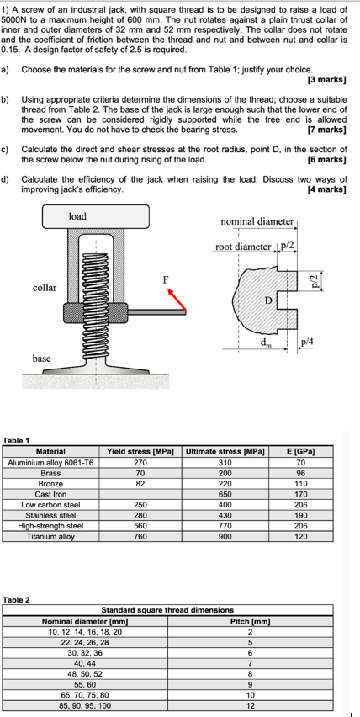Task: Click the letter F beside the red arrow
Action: pos(166,279)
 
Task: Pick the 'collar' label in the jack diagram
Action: pos(45,288)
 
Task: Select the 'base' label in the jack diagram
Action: pos(41,358)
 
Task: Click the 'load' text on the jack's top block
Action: pos(77,216)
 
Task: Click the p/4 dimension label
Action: pos(309,342)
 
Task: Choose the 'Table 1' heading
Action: pos(16,440)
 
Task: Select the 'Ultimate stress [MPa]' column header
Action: pos(222,452)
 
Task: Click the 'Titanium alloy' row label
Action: pos(50,536)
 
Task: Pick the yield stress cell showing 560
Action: pos(140,525)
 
